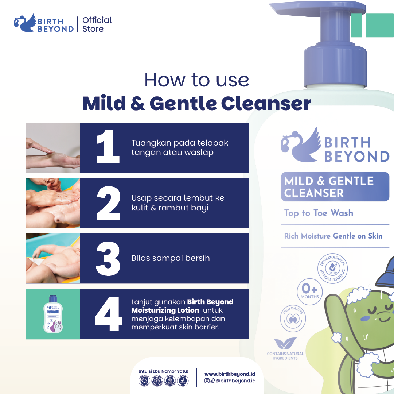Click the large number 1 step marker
tap(108, 147)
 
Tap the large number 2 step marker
tap(108, 203)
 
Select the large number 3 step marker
tap(108, 258)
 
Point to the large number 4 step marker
tap(108, 314)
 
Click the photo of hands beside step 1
tap(53, 147)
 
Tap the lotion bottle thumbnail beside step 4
tap(53, 314)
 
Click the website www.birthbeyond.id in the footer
tap(230, 374)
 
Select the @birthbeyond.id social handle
tap(235, 381)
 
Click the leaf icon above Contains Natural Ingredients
tap(285, 344)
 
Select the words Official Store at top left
tap(97, 24)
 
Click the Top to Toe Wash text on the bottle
tap(319, 213)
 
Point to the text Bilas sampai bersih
tap(170, 258)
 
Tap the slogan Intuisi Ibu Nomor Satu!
tap(163, 371)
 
